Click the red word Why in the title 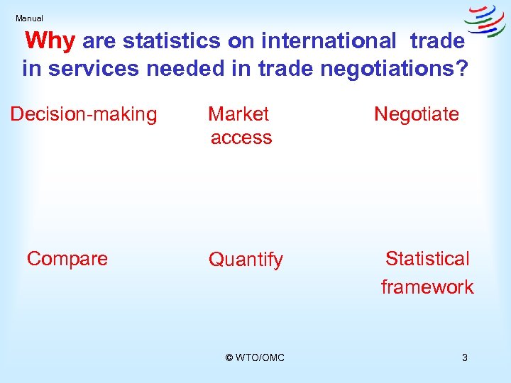[x=50, y=41]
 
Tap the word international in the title [x=328, y=42]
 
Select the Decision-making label [x=84, y=114]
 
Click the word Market [x=238, y=114]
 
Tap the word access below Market [x=241, y=138]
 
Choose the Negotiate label [x=417, y=114]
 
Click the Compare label [x=67, y=259]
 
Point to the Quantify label [x=246, y=260]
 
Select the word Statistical [x=427, y=259]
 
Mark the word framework [x=427, y=287]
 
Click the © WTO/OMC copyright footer [x=255, y=357]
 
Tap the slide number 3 [x=464, y=357]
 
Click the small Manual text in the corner [x=29, y=18]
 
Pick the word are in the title [x=99, y=42]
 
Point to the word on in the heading [x=242, y=42]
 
